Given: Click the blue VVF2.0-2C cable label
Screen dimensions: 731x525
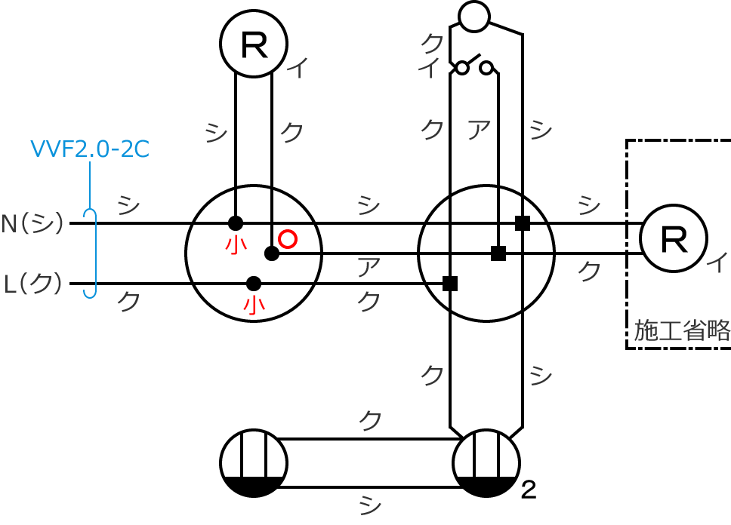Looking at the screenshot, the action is tap(90, 149).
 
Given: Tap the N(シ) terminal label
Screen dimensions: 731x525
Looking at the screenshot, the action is tap(32, 223).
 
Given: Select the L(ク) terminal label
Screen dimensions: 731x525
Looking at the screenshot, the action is tap(32, 284).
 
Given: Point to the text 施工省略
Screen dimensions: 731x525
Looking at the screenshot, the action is tap(682, 330).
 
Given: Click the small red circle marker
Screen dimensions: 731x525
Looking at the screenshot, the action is tap(288, 239).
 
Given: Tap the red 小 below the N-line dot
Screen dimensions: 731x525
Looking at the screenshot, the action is tap(236, 244).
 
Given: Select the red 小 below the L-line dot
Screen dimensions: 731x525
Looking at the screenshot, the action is tap(254, 305).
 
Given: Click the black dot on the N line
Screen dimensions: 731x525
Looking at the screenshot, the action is tap(236, 223).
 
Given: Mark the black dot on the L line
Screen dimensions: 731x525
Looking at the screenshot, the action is tap(253, 284).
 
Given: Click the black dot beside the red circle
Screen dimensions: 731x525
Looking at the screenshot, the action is tap(272, 253).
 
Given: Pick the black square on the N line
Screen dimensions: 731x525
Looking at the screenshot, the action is tap(523, 223).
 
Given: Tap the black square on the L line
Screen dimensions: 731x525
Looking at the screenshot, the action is tap(450, 284).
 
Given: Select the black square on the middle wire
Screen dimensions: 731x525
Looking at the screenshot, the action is tap(498, 253).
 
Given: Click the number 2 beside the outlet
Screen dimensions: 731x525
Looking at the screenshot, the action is tap(529, 490).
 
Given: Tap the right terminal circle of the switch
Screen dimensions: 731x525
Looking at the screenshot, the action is tap(486, 68).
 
